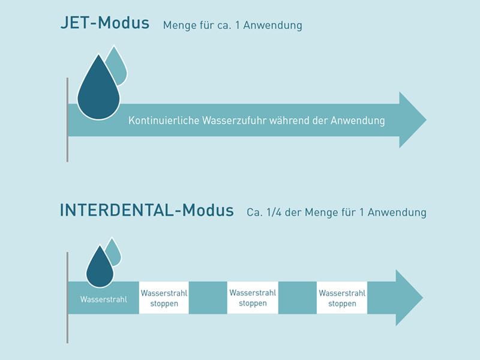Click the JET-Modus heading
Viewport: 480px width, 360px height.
[104, 24]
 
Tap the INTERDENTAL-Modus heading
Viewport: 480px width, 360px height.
[146, 211]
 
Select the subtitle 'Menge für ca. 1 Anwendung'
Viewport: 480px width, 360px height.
[232, 26]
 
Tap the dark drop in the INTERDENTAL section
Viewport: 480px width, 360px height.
[100, 267]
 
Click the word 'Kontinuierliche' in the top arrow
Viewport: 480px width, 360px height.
[158, 121]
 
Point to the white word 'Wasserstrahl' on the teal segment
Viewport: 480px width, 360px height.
[104, 299]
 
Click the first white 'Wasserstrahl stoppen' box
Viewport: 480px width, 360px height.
[164, 298]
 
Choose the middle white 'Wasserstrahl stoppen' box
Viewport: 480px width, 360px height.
[253, 298]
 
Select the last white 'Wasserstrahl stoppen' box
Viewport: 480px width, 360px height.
[342, 298]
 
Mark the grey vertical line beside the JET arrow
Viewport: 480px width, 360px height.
[67, 120]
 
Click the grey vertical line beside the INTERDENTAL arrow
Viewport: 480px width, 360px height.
[67, 298]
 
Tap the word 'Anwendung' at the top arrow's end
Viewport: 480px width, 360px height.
[360, 121]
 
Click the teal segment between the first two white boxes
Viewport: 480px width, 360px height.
[208, 298]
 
